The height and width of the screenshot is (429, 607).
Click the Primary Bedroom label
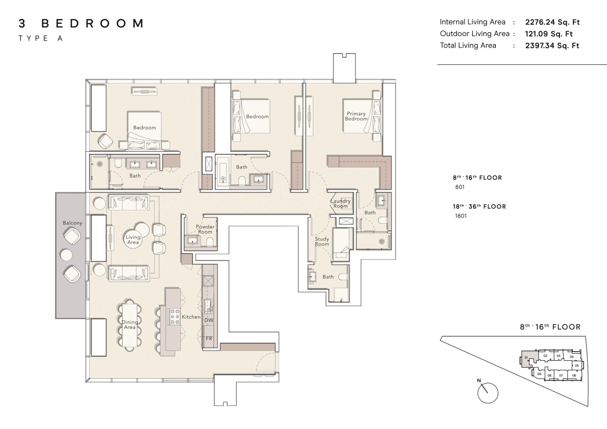tap(356, 116)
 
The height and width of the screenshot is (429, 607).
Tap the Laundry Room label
tap(340, 204)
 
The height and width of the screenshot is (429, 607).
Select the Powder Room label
tap(205, 229)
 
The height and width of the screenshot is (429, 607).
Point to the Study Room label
tap(322, 242)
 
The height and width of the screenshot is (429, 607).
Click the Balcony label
tap(72, 223)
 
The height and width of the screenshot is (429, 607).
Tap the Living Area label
tap(133, 240)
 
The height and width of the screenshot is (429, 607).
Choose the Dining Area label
tap(129, 324)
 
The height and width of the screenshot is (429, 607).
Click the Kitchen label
tap(191, 317)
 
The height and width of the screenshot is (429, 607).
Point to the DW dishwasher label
tap(209, 320)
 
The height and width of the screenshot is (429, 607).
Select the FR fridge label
tap(209, 339)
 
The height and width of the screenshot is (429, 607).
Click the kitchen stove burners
tap(175, 316)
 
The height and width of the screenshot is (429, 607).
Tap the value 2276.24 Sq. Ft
tap(552, 22)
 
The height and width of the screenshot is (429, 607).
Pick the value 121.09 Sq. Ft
tap(549, 34)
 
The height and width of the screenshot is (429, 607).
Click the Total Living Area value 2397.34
tap(539, 46)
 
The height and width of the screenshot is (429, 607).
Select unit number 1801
tap(461, 216)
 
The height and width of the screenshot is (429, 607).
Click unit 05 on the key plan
tap(577, 366)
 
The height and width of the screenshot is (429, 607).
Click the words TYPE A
tap(41, 38)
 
